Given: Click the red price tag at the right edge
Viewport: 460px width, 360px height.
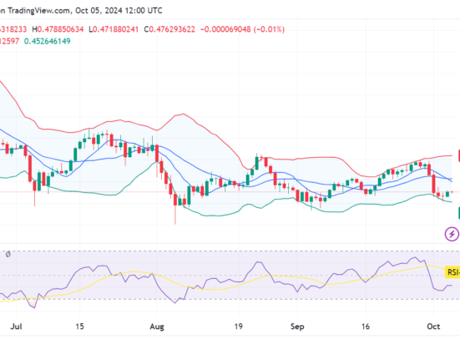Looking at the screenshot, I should tap(457, 155).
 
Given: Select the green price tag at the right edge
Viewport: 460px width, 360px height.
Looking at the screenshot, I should tap(457, 214).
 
